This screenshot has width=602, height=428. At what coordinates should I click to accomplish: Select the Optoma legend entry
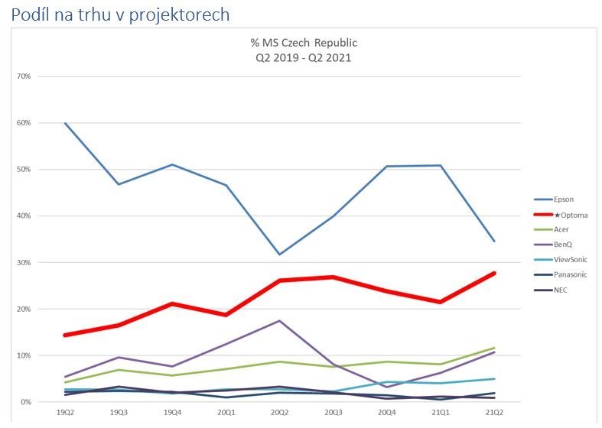coord(566,215)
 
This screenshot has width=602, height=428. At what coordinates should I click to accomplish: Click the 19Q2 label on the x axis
coord(65,413)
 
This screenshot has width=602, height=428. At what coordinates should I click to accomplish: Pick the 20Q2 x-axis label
coord(279,413)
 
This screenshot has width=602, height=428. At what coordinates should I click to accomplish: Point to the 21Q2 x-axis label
coord(493,413)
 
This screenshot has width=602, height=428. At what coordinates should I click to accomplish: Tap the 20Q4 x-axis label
coord(386,413)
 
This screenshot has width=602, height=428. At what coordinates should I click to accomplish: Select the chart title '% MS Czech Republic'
coord(298,43)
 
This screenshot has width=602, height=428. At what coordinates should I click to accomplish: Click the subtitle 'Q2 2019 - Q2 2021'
coord(298,57)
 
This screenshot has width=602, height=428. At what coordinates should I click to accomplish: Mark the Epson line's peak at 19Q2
coord(65,123)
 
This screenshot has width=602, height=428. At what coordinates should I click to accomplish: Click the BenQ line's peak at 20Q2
coord(280,320)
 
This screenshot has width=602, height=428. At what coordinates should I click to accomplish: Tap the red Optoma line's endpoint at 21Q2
coord(493,273)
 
